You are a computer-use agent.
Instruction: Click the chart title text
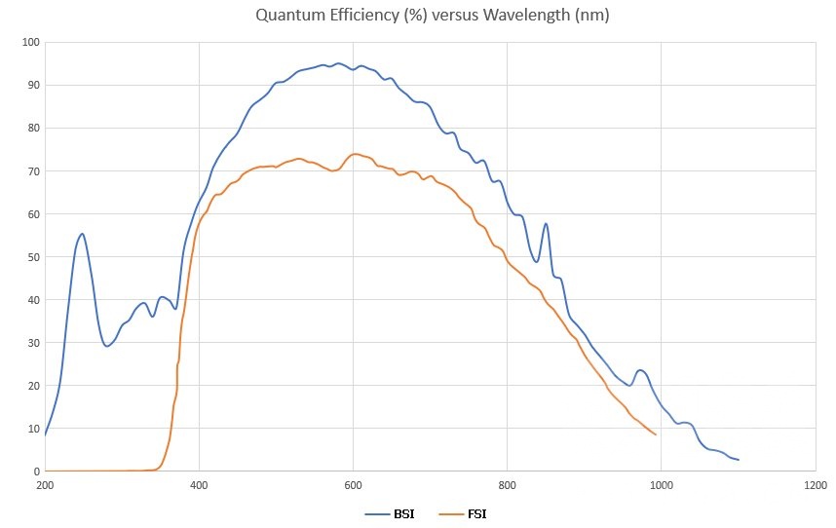[x=418, y=16]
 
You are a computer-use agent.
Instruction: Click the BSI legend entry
[x=391, y=513]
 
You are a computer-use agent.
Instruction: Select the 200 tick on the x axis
[x=45, y=484]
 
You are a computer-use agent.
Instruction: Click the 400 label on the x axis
[x=199, y=484]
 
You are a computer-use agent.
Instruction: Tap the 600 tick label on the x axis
[x=353, y=484]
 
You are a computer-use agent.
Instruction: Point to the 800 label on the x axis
[x=507, y=484]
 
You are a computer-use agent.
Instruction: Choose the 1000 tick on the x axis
[x=661, y=484]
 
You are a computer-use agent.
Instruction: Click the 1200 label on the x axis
[x=815, y=484]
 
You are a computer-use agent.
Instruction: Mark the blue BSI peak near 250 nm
[x=83, y=234]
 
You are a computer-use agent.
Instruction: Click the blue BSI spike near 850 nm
[x=546, y=224]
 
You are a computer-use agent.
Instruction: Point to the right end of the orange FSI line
[x=656, y=434]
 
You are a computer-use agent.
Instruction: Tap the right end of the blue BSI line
[x=739, y=460]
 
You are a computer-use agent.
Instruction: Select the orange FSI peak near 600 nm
[x=355, y=154]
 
